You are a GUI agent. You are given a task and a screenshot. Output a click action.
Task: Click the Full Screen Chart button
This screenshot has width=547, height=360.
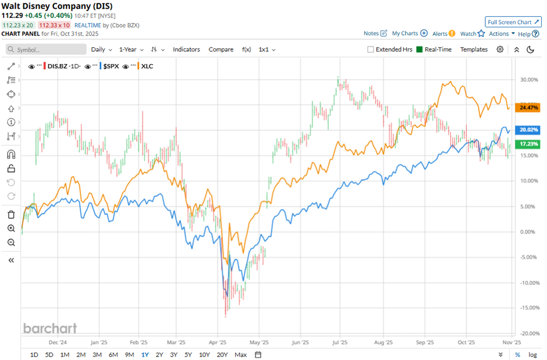[513, 22]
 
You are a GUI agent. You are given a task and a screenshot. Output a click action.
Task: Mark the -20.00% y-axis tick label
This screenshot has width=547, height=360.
[525, 334]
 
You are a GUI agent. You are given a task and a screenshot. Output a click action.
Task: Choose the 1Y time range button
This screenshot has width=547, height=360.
[144, 355]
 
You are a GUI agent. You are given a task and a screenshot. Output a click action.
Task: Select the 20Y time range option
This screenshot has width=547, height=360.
[222, 355]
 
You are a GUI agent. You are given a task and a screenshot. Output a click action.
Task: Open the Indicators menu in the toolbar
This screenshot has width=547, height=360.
[186, 49]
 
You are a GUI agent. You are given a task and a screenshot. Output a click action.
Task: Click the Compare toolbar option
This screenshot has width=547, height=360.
[221, 49]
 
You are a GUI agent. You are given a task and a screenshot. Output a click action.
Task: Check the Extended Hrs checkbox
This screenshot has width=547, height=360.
[371, 49]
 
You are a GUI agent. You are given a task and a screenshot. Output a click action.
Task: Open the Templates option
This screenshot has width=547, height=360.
[474, 49]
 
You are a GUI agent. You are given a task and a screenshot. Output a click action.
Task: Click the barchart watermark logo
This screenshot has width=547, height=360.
[50, 329]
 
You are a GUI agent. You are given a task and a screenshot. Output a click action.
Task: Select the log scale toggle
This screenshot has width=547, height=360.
[532, 355]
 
